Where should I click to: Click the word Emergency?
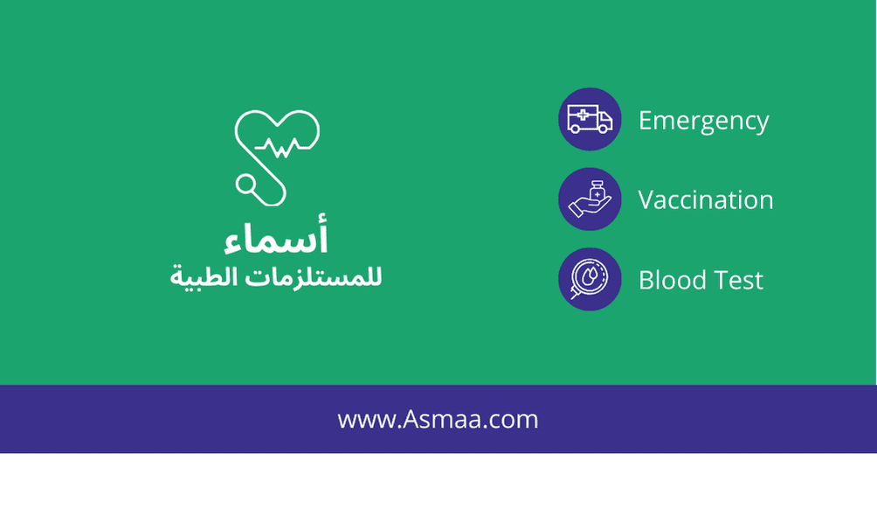click(x=704, y=122)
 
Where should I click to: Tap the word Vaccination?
click(x=706, y=200)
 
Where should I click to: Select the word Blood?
click(x=673, y=280)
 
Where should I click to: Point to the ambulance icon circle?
click(x=590, y=119)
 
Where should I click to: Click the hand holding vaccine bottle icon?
click(x=590, y=199)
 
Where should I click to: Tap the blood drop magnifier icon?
click(x=590, y=279)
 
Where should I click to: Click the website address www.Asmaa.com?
click(x=438, y=419)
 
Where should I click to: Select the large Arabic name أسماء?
click(x=276, y=235)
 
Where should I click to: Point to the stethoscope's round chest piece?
click(x=245, y=184)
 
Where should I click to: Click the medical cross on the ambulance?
click(x=583, y=115)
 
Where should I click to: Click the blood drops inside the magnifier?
click(x=590, y=275)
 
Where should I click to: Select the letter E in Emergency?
click(x=646, y=121)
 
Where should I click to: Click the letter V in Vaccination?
click(x=647, y=200)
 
